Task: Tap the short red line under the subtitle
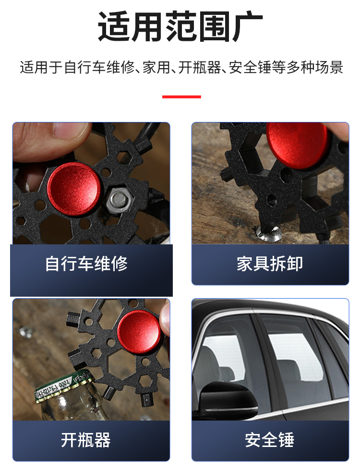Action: (181, 96)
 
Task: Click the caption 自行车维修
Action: (86, 264)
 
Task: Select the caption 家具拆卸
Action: (270, 264)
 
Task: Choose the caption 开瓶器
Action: (86, 440)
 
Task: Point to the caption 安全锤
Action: (270, 440)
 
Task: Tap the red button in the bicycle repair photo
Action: (73, 189)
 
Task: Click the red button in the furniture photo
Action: (297, 145)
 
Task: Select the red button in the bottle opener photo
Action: (139, 332)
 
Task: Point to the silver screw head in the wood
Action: (268, 233)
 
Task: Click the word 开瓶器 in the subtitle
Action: (200, 67)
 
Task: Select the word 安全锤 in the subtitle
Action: (250, 67)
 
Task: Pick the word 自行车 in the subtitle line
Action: (78, 67)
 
